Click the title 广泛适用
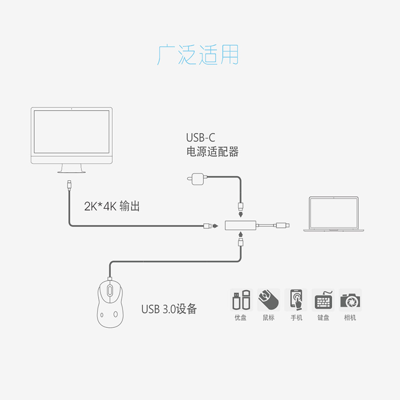(199, 55)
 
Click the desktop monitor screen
(72, 131)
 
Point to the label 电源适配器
(213, 152)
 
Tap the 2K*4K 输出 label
(112, 206)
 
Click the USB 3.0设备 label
(169, 309)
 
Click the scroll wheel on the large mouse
(111, 291)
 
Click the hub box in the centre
(241, 225)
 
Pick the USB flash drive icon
(240, 300)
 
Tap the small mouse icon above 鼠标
(268, 300)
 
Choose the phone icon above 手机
(296, 300)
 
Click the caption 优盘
(240, 318)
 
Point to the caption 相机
(350, 318)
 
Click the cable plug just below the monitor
(69, 184)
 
